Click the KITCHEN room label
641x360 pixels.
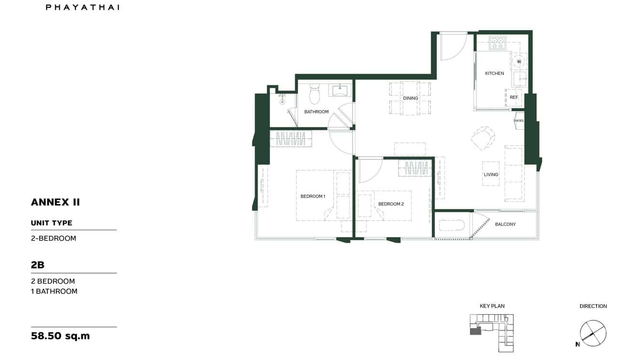pyautogui.click(x=494, y=74)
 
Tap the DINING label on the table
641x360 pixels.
pyautogui.click(x=410, y=98)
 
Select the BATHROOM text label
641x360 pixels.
pyautogui.click(x=316, y=112)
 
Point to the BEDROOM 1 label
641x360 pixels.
pyautogui.click(x=312, y=196)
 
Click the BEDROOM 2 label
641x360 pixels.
pyautogui.click(x=391, y=204)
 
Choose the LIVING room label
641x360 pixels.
pyautogui.click(x=491, y=175)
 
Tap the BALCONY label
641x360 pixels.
pyautogui.click(x=505, y=224)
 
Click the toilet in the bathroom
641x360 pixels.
pyautogui.click(x=314, y=95)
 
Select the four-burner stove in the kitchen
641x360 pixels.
pyautogui.click(x=497, y=43)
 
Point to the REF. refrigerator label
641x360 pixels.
pyautogui.click(x=514, y=97)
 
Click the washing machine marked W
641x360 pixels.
pyautogui.click(x=519, y=61)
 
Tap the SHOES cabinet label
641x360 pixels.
pyautogui.click(x=518, y=121)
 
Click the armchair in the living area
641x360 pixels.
pyautogui.click(x=482, y=138)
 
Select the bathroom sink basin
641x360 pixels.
pyautogui.click(x=340, y=90)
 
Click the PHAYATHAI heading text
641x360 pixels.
pyautogui.click(x=83, y=7)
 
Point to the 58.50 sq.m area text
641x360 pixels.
pyautogui.click(x=60, y=336)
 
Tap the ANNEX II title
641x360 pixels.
pyautogui.click(x=55, y=202)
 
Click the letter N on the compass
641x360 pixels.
pyautogui.click(x=577, y=344)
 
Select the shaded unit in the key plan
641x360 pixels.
pyautogui.click(x=475, y=330)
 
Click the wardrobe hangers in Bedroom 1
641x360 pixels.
pyautogui.click(x=291, y=139)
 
